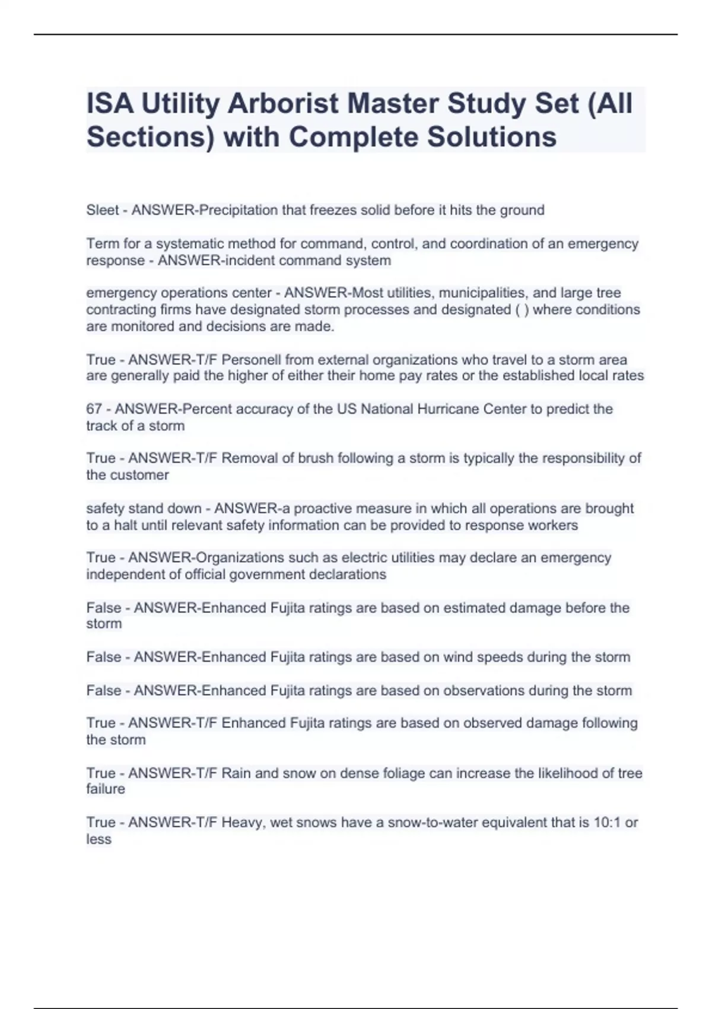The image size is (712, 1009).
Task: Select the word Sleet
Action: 103,210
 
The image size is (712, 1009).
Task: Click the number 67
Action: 94,409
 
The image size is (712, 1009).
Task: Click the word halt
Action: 126,525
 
